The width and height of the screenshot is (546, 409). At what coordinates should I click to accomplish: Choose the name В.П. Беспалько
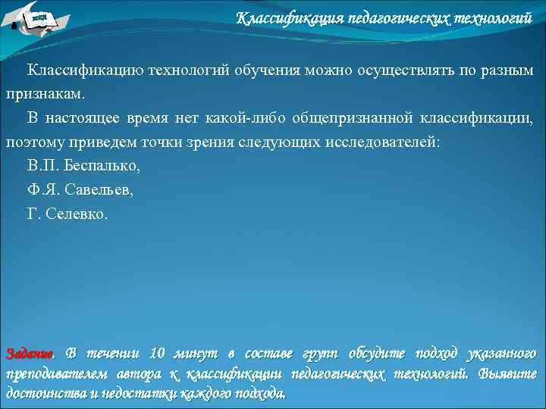tap(84, 167)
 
